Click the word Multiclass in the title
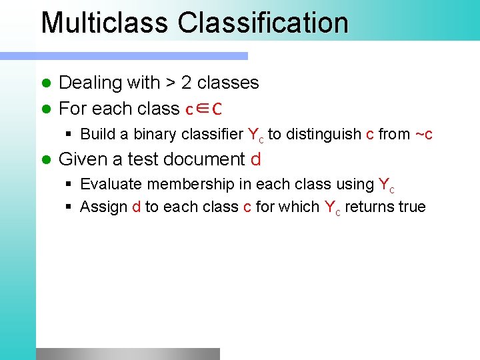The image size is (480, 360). [x=105, y=23]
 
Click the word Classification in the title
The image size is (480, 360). [x=263, y=23]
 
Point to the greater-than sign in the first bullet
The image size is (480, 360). [x=171, y=83]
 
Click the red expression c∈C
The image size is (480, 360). [x=203, y=109]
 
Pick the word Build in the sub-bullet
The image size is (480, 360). [x=98, y=134]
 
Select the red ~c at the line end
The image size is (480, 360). [x=424, y=135]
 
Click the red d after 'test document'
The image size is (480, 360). [x=255, y=159]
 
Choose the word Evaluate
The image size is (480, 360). [x=111, y=184]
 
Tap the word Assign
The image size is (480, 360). [x=103, y=207]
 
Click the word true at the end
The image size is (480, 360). [x=411, y=207]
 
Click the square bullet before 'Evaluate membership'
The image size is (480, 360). [x=69, y=185]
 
